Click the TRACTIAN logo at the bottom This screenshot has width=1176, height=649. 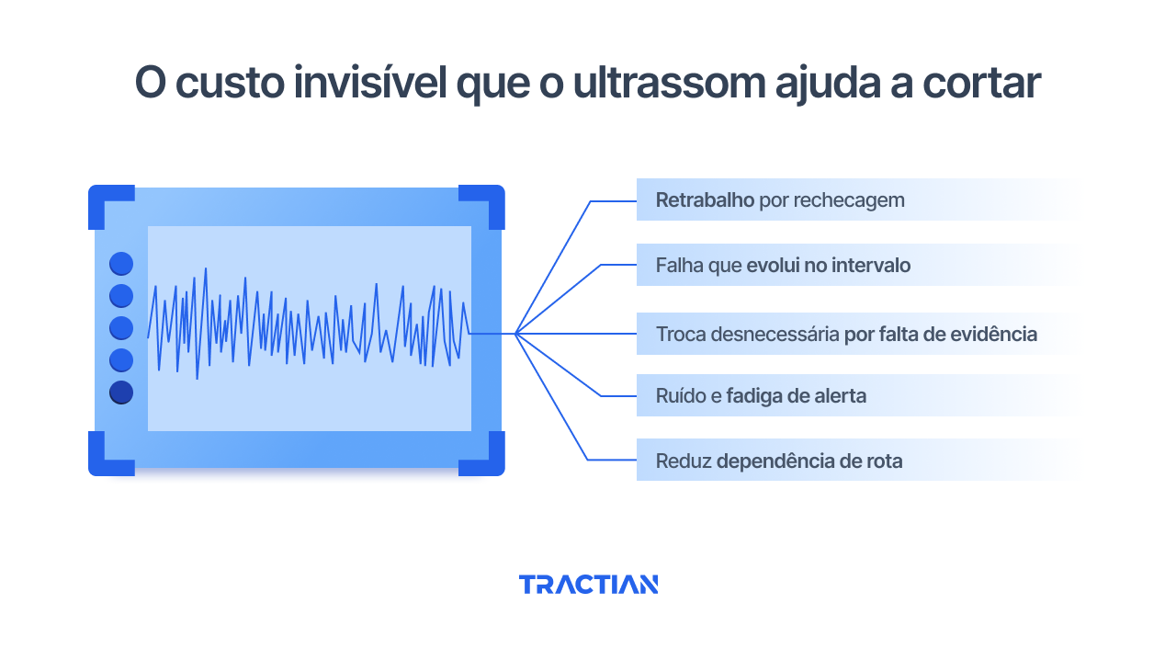[x=588, y=585]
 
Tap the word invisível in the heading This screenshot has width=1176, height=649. [x=366, y=84]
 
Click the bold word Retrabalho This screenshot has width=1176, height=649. [x=705, y=199]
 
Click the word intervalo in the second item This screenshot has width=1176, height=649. [x=871, y=266]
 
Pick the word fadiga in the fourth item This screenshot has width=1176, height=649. [x=754, y=396]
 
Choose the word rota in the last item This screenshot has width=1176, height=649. [x=883, y=461]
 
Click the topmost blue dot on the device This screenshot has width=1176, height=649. [x=121, y=264]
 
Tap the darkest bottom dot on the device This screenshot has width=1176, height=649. [x=121, y=393]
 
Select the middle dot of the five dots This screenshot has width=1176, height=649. [x=121, y=328]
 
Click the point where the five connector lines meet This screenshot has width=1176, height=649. [x=516, y=333]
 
